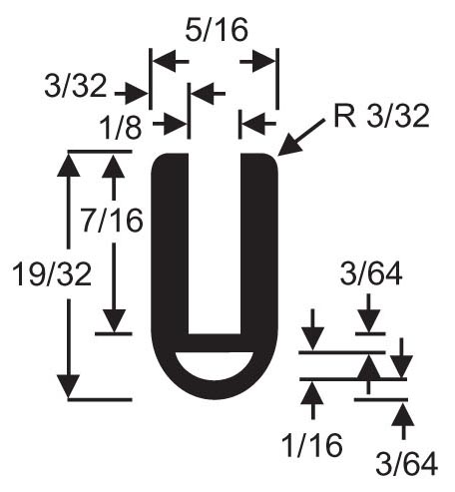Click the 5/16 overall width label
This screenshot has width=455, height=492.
(217, 30)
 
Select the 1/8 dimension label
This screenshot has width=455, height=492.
(121, 128)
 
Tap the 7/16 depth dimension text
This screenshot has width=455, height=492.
(113, 221)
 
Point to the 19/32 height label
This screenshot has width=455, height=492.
(52, 274)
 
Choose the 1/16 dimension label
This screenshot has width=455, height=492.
(312, 445)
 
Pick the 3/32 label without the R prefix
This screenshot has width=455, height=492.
(76, 86)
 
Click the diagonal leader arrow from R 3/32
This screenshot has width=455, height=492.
(301, 137)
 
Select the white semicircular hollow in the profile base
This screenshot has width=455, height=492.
(215, 365)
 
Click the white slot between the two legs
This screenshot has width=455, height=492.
(215, 243)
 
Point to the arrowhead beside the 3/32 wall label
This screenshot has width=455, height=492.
(137, 94)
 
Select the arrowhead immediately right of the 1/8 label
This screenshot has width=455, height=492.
(175, 124)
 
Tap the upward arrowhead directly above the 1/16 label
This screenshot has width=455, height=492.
(312, 393)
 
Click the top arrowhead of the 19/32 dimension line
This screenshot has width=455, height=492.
(69, 165)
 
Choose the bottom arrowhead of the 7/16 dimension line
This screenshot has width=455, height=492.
(114, 320)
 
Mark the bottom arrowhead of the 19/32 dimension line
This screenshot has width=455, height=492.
(69, 386)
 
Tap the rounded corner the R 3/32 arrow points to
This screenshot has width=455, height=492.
(272, 160)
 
